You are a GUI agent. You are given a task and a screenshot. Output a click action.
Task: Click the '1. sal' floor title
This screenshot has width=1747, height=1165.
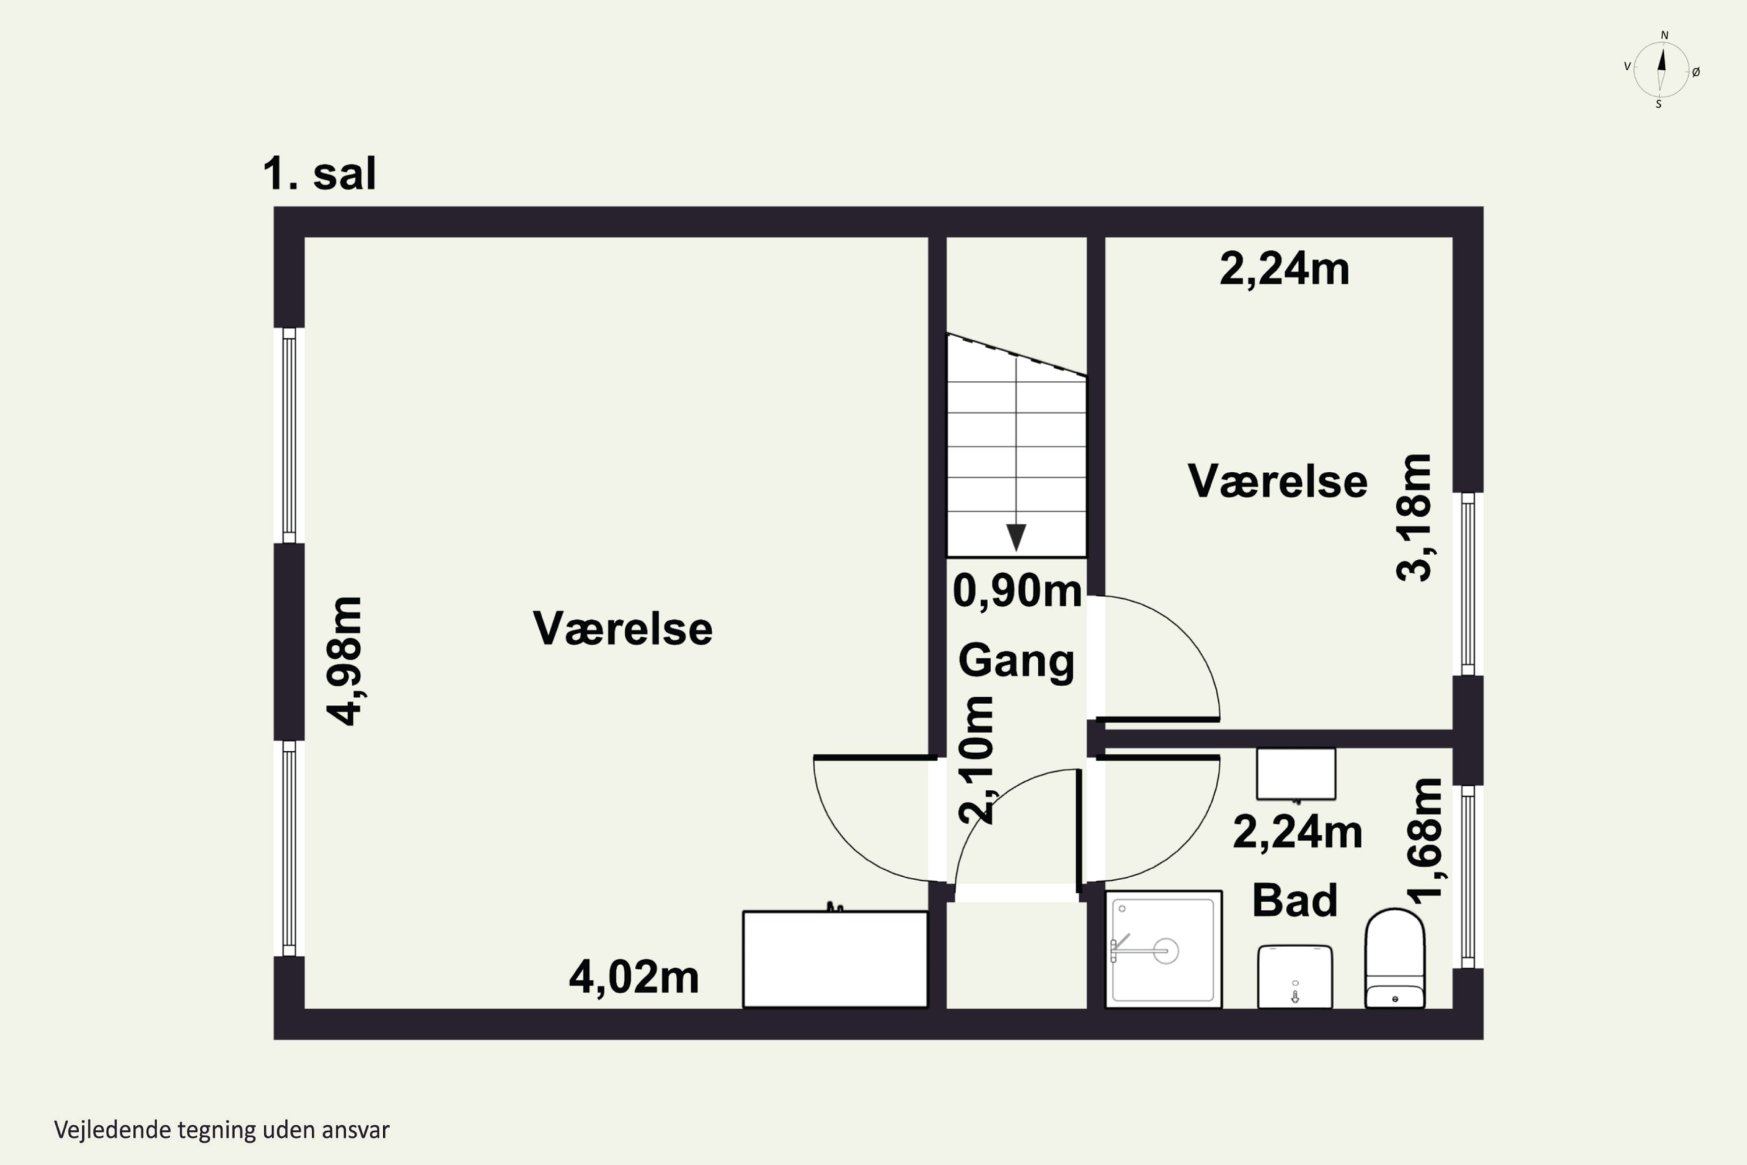[x=319, y=174]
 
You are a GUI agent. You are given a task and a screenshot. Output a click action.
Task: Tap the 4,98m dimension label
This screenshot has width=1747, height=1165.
[x=345, y=660]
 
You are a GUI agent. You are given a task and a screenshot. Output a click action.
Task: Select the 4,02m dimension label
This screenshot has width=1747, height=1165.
[x=634, y=977]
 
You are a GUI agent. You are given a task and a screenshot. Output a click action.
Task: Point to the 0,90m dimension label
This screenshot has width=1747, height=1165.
[x=1017, y=591]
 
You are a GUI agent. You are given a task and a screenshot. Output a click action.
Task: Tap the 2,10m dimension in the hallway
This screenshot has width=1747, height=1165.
[x=976, y=760]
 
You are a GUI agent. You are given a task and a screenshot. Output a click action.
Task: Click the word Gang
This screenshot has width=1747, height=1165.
[x=1016, y=661]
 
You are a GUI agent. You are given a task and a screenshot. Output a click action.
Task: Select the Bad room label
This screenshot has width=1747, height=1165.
[x=1295, y=900]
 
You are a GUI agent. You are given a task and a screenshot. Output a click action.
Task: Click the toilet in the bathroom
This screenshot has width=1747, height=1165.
[x=1395, y=958]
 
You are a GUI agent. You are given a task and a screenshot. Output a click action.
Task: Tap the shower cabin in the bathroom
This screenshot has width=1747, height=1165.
[x=1163, y=949]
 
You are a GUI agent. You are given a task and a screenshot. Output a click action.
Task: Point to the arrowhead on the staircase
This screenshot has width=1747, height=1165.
[x=1016, y=537]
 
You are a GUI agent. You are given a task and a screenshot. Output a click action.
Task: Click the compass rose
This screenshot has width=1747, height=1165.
[x=1661, y=70]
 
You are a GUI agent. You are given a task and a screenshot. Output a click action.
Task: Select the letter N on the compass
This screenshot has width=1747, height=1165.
[x=1664, y=35]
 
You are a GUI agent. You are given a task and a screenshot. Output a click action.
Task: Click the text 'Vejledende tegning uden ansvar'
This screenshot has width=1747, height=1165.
[x=221, y=1130]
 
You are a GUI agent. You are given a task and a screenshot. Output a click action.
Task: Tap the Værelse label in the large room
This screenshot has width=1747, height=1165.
[x=623, y=629]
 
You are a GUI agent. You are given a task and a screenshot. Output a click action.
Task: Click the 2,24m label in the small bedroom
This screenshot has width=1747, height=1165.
[x=1284, y=269]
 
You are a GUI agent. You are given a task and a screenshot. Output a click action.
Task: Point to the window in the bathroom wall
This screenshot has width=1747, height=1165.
[x=1467, y=877]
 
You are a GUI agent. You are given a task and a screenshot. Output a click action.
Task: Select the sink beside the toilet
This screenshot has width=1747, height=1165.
[x=1295, y=976]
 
